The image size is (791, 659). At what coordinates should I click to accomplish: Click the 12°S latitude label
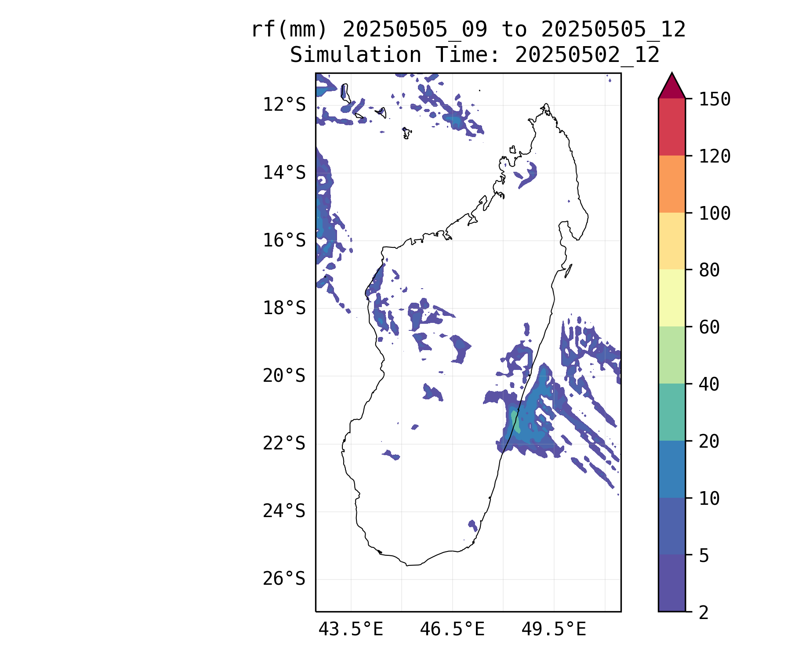[x=284, y=105]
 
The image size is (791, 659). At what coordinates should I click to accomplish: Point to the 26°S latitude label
[x=284, y=579]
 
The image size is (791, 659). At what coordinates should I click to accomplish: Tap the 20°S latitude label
[x=284, y=376]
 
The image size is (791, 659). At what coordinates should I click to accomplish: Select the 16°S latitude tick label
[x=284, y=241]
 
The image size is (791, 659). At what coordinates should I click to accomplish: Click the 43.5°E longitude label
[x=351, y=630]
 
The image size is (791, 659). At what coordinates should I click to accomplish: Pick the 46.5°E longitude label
[x=452, y=630]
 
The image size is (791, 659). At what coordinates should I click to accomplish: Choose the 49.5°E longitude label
[x=554, y=630]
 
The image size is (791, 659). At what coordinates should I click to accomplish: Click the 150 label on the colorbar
[x=715, y=99]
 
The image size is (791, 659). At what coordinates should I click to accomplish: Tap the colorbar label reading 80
[x=709, y=270]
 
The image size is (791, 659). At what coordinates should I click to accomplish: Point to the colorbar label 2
[x=704, y=612]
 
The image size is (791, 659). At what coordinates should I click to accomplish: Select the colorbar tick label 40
[x=709, y=384]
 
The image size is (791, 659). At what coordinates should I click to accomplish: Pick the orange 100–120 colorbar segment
[x=672, y=184]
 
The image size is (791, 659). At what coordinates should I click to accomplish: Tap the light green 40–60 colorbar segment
[x=672, y=355]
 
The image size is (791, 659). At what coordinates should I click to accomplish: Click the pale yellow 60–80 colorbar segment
[x=672, y=298]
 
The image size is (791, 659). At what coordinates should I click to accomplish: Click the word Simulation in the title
[x=356, y=55]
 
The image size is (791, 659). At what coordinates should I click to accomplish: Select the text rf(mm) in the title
[x=290, y=30]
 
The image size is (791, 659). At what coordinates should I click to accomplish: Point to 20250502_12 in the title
[x=587, y=55]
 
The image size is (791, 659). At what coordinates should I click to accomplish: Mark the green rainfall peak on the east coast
[x=515, y=421]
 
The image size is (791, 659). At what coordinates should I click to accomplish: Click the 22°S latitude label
[x=284, y=444]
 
